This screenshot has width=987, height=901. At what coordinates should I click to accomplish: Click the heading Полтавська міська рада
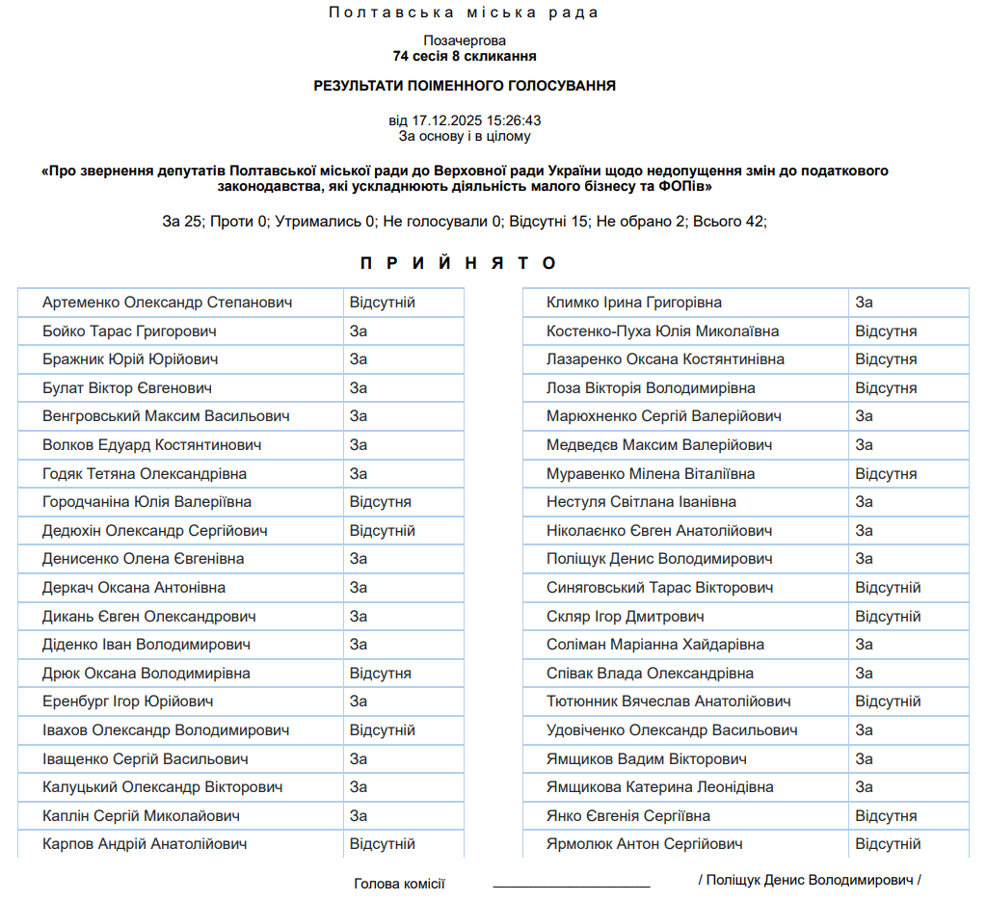point(464,13)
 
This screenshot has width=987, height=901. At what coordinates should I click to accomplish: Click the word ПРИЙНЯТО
point(459,263)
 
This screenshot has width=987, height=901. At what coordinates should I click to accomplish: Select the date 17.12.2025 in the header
point(447,121)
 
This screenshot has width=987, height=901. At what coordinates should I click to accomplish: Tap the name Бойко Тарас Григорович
point(129,331)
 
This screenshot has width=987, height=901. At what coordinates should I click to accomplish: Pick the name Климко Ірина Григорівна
point(634,303)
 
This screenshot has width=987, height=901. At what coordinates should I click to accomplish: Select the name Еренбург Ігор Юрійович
point(128,702)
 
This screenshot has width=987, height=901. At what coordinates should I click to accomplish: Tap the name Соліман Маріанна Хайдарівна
point(655,645)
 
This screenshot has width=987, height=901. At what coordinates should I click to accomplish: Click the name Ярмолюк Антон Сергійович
point(645,844)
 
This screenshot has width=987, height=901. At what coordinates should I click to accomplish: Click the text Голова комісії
point(399,883)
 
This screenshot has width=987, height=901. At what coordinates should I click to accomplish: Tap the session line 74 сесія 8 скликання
point(464,57)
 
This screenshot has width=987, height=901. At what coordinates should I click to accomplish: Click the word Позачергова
point(464,40)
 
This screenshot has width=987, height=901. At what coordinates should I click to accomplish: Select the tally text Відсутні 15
point(548,222)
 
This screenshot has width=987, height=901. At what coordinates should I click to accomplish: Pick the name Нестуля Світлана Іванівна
point(642,502)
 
